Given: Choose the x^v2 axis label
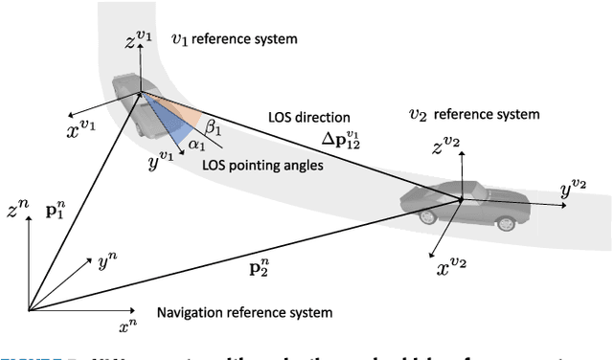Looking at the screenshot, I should pos(446,268).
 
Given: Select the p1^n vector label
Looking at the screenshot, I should pos(57,208).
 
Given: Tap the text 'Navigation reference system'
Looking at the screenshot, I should pos(243,313).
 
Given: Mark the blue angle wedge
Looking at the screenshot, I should pos(173,121).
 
